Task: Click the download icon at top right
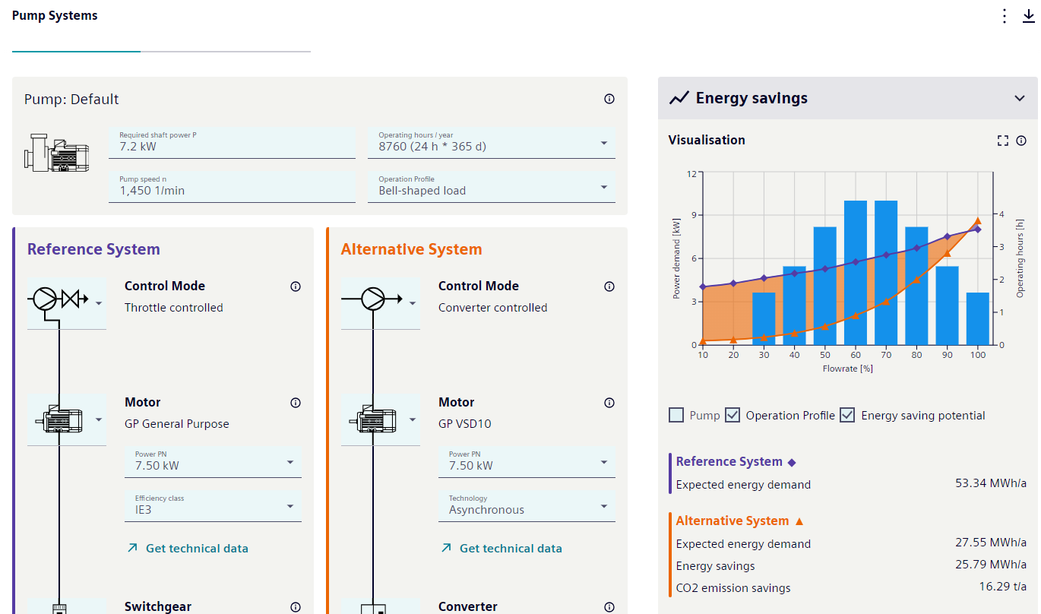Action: (1028, 16)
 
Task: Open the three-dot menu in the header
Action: (1005, 16)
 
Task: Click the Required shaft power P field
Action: (232, 143)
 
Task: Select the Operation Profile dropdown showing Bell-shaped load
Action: (491, 187)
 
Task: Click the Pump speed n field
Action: (232, 187)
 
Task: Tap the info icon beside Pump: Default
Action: (609, 99)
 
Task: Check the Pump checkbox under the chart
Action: (676, 415)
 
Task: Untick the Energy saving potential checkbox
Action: (847, 415)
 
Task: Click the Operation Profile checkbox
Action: (732, 415)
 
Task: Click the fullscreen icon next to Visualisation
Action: (1002, 141)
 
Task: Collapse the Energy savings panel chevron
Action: (1019, 98)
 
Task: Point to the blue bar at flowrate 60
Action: (855, 272)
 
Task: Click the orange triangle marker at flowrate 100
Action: (978, 221)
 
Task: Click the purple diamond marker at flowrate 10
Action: (703, 286)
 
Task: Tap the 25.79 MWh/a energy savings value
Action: (990, 565)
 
